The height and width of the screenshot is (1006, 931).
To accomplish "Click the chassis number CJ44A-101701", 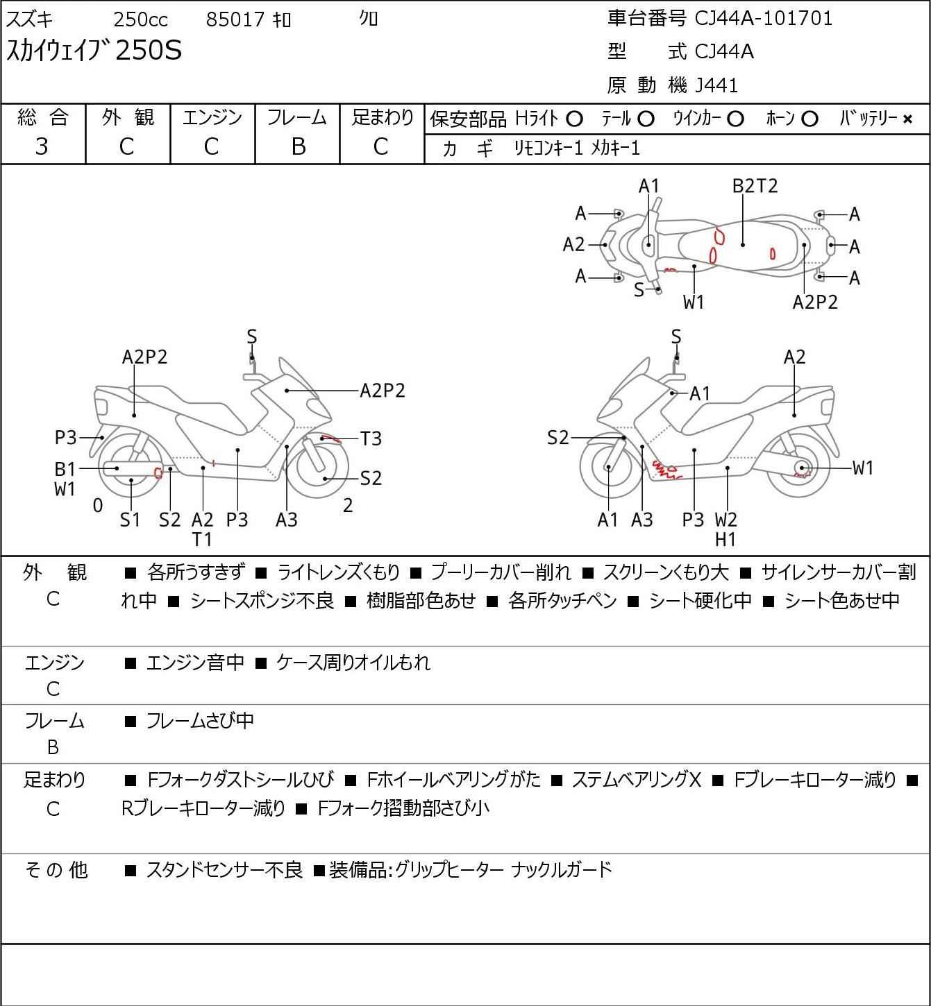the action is click(x=763, y=19).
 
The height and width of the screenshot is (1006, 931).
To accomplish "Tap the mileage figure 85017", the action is click(x=235, y=19).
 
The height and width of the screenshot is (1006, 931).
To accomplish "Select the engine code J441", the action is click(x=716, y=85).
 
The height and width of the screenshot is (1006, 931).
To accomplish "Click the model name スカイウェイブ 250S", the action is click(x=94, y=51).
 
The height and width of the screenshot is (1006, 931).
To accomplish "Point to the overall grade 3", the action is click(x=42, y=147).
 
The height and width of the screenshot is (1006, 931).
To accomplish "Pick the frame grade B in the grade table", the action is click(x=299, y=147).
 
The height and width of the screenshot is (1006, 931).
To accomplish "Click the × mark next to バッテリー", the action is click(x=907, y=119).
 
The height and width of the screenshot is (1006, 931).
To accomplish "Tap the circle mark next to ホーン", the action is click(x=810, y=119).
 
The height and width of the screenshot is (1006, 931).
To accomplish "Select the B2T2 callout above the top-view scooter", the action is click(x=755, y=186).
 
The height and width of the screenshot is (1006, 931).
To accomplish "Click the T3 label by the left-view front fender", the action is click(x=371, y=438).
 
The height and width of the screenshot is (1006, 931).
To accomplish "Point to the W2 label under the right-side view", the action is click(x=725, y=520).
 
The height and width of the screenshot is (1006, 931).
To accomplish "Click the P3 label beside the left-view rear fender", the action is click(x=65, y=437).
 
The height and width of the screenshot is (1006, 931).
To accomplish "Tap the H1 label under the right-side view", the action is click(x=725, y=540).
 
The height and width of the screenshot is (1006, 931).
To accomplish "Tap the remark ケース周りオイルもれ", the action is click(x=353, y=663).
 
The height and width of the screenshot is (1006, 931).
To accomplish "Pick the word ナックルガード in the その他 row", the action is click(x=562, y=870).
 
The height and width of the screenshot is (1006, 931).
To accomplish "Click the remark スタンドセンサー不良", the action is click(x=224, y=870).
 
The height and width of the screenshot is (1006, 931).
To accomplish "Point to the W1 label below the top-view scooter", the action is click(x=694, y=302).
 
